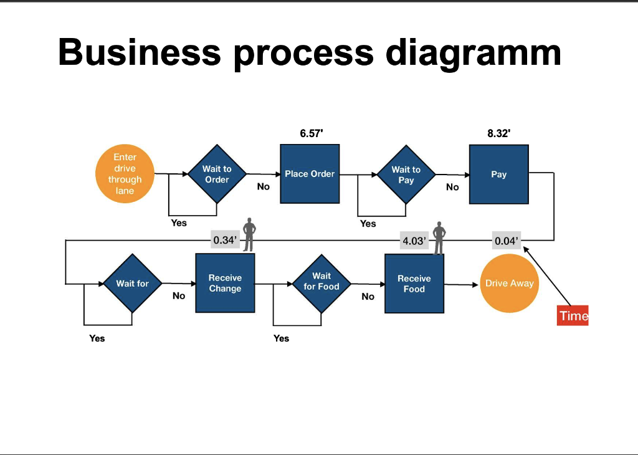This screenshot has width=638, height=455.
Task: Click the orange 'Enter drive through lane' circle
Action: tap(125, 174)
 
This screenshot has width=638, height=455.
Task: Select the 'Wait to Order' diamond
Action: tap(217, 174)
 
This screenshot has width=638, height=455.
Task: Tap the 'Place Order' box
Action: tap(310, 174)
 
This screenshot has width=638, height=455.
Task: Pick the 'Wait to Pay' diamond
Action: tap(406, 175)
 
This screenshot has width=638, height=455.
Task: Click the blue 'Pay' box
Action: tap(498, 175)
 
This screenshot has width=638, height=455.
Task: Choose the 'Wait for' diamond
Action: tap(132, 284)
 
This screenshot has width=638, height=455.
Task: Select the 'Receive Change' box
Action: tap(225, 283)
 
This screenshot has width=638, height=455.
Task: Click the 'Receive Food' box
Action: tap(414, 284)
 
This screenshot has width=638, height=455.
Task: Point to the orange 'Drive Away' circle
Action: tap(509, 283)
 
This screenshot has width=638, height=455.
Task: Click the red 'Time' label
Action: tap(573, 315)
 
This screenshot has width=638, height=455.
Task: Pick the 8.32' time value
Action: tap(499, 133)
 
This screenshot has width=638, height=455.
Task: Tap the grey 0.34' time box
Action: tap(225, 240)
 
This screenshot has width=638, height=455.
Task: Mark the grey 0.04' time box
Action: tap(506, 241)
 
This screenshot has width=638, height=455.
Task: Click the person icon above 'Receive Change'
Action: tap(249, 234)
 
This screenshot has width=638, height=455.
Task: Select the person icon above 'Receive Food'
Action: tap(439, 237)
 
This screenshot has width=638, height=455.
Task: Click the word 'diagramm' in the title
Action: tap(474, 52)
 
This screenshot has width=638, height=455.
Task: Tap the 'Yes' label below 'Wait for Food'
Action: tap(281, 338)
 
